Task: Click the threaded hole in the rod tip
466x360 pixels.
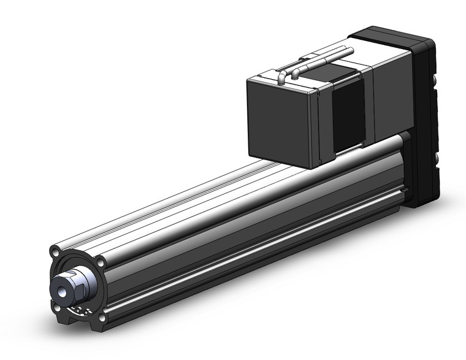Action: coord(63,286)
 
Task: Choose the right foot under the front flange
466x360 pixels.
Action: coord(101,325)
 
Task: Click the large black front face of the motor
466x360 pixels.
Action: coord(281,121)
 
